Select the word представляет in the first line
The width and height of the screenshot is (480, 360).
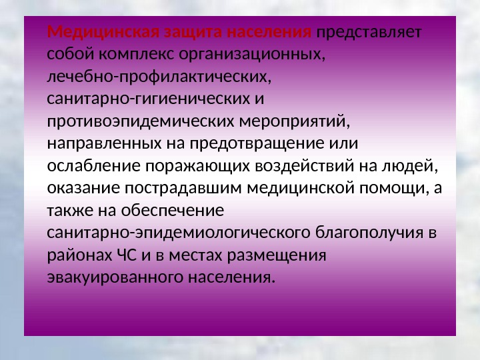coord(374,32)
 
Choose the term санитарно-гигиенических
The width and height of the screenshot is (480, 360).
coord(147,99)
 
